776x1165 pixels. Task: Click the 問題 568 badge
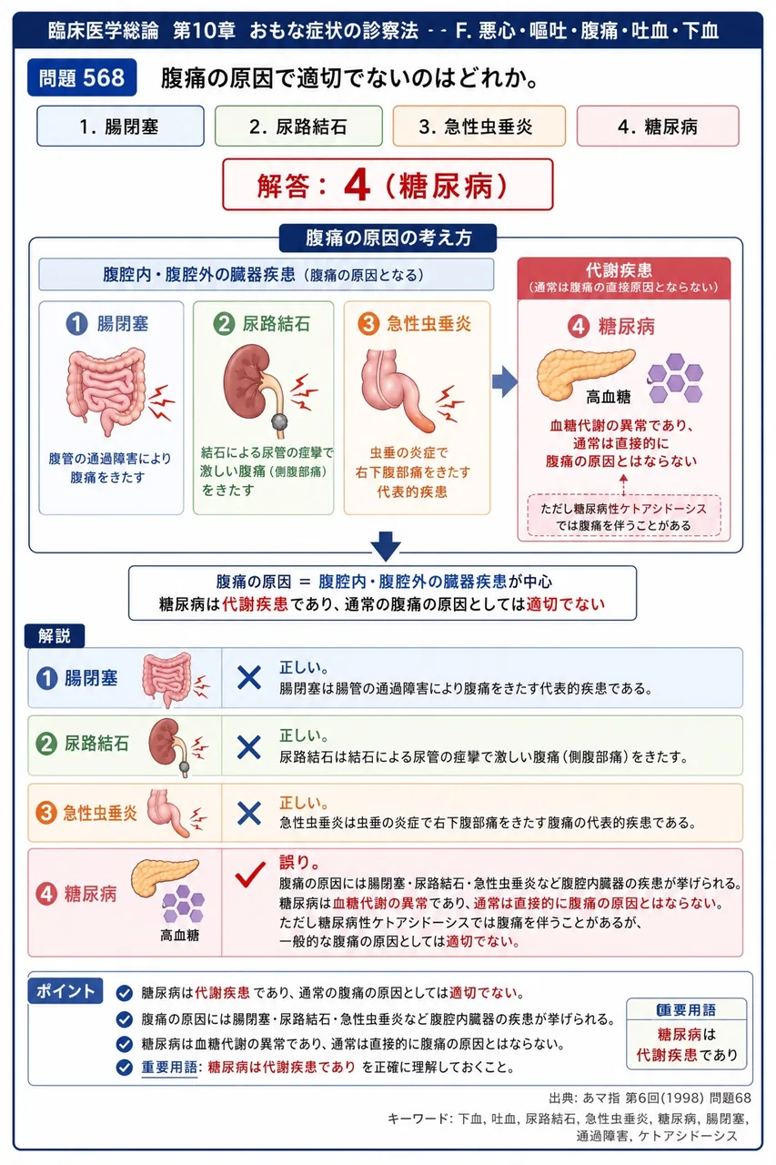coord(82,77)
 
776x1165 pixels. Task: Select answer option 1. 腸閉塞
coord(120,127)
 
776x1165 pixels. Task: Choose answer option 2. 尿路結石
coord(298,127)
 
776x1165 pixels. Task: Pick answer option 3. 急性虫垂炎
coord(479,127)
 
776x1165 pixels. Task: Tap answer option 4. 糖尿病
coord(658,127)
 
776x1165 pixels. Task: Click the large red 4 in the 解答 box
coord(357,185)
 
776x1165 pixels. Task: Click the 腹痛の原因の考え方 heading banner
coord(388,238)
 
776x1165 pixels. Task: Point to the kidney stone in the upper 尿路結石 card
coord(279,420)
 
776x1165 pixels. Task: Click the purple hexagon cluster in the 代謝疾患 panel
coord(675,378)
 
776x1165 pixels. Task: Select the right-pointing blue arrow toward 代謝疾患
coord(505,381)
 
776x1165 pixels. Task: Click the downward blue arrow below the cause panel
coord(386,546)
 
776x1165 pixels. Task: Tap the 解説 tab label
coord(55,635)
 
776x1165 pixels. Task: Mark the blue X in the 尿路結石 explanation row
coord(249,747)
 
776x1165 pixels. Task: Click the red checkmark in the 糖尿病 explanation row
coord(250,874)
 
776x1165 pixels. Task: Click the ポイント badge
coord(66,991)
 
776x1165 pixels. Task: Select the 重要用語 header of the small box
coord(686,1010)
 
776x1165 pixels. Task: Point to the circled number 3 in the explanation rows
coord(46,813)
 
